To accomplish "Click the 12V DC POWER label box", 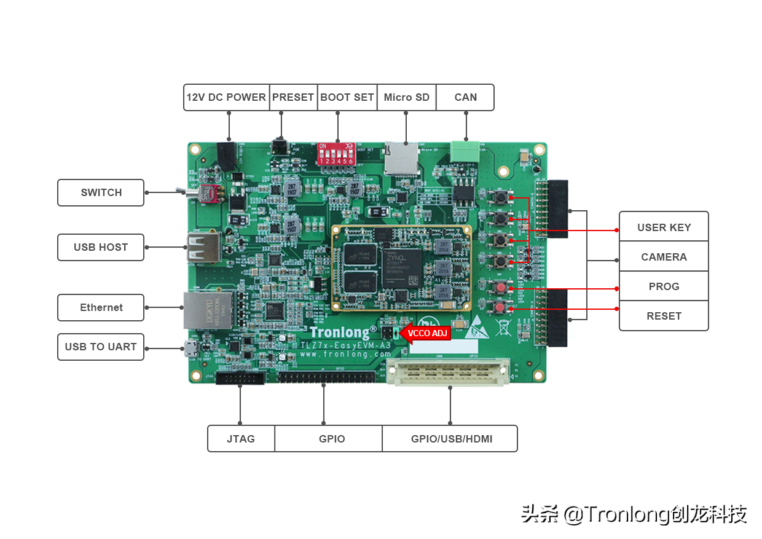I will coord(226,97).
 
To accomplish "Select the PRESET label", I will coord(293,97).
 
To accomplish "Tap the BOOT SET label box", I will coord(347,97).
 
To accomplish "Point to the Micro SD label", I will coord(406,97).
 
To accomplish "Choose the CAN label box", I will coord(465,97).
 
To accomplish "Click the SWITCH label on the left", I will coord(101,192).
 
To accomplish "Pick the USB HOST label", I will coord(101,247).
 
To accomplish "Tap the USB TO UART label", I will coord(101,347).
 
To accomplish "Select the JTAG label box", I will coord(241,439).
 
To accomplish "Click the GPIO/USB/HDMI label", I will coord(451,439).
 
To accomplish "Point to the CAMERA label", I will coord(664,257).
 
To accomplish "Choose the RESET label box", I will coord(664,316).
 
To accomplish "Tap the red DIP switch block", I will coord(336,154).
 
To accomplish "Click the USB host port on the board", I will coord(203,247).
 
